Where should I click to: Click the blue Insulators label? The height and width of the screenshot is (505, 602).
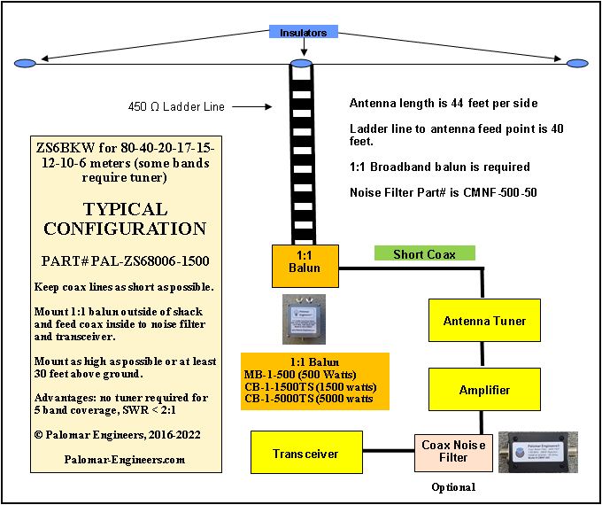304,33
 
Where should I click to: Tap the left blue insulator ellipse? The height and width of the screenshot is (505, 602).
26,63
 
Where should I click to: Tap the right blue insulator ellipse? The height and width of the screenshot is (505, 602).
577,63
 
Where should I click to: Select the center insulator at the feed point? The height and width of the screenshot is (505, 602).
302,64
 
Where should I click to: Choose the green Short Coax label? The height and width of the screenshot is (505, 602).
424,254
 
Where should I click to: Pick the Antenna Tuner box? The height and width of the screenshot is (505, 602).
484,321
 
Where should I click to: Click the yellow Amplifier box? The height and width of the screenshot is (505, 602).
484,390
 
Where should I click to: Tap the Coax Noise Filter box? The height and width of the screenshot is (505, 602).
453,452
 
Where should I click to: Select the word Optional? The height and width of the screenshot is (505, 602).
453,486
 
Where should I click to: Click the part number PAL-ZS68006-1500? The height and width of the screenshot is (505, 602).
124,261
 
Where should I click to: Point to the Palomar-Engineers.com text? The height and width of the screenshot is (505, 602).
124,460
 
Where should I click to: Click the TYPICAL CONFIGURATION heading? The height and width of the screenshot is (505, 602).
124,219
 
